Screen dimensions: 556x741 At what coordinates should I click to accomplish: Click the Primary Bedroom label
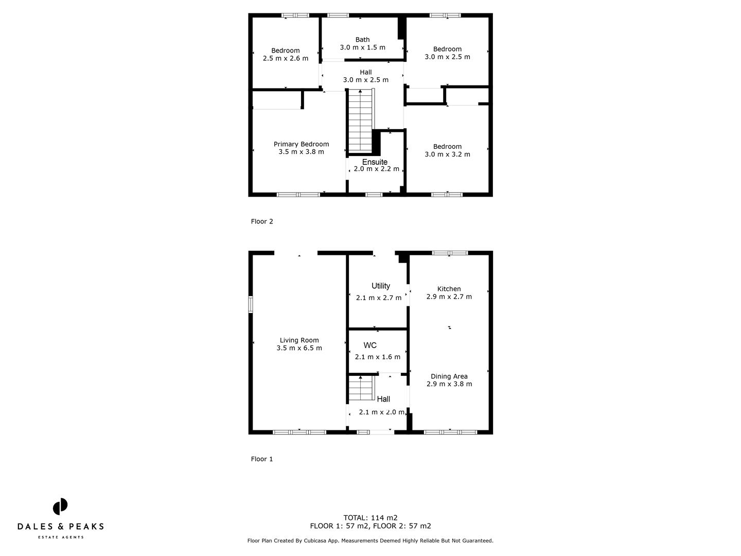tap(301, 144)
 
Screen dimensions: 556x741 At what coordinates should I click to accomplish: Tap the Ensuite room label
tap(375, 162)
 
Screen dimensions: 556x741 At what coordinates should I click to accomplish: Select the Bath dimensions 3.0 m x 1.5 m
tap(362, 47)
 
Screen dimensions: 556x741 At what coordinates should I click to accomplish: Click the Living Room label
tap(299, 340)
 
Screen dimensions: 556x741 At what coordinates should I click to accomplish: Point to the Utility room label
tap(381, 286)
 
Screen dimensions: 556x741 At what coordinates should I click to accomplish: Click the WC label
tap(370, 345)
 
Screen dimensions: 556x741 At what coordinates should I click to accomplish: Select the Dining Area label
tap(449, 376)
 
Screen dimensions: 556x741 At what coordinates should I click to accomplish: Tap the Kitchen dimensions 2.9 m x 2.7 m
tap(449, 297)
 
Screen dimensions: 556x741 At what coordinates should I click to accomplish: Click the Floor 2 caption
tap(262, 221)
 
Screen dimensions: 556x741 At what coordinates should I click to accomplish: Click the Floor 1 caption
tap(262, 459)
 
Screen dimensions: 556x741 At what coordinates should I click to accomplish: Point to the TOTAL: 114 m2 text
tap(370, 518)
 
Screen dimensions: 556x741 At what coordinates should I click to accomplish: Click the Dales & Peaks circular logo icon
tap(60, 507)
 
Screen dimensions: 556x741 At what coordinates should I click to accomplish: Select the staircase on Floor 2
tap(360, 119)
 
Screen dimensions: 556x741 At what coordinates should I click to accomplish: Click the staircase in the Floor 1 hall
tap(360, 388)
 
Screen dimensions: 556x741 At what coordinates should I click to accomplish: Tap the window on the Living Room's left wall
tap(251, 304)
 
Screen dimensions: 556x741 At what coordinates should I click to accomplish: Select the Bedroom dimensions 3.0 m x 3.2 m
tap(447, 154)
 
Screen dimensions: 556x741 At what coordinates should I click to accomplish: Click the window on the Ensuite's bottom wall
tap(374, 195)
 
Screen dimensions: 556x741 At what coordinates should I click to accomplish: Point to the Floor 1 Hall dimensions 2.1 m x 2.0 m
tap(381, 412)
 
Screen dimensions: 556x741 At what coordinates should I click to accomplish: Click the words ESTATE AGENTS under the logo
tap(60, 537)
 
